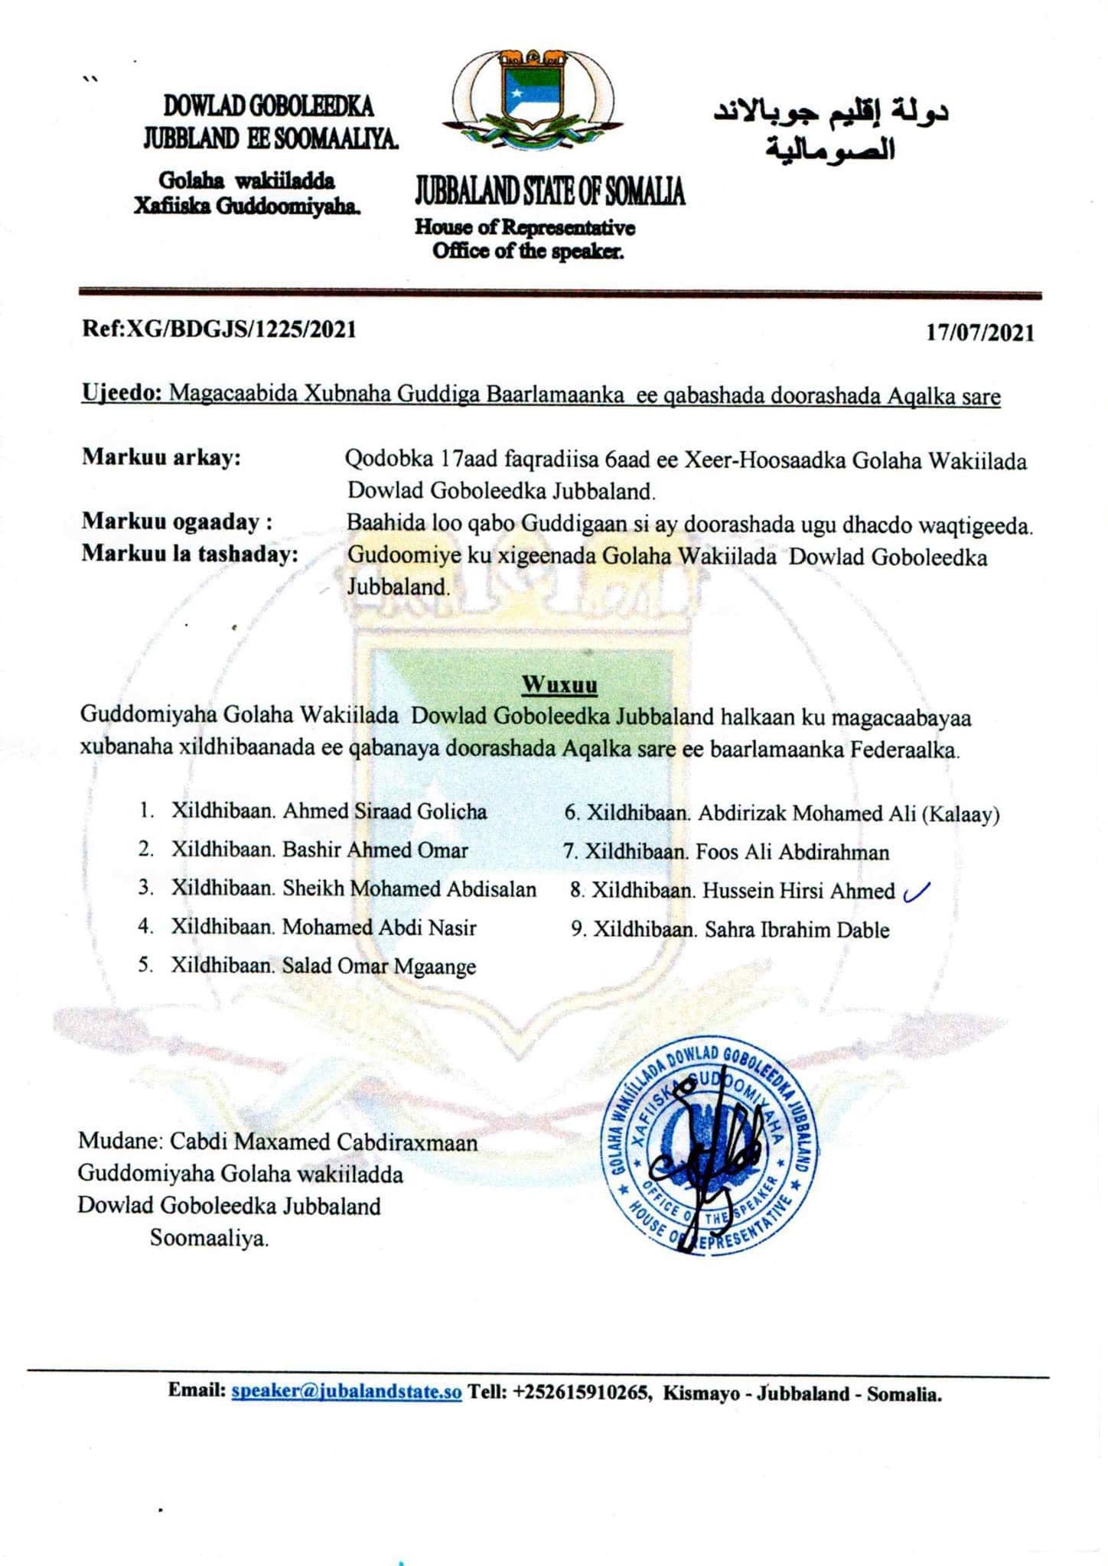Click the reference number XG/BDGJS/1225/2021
[241, 330]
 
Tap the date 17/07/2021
[980, 333]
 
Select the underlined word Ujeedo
[121, 395]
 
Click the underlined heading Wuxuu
[559, 684]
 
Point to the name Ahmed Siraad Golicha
[385, 811]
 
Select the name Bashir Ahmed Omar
[375, 850]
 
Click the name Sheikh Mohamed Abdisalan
[409, 889]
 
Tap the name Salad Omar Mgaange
[379, 967]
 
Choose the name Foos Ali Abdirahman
[792, 852]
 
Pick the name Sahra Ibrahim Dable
[797, 930]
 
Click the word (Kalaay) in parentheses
[960, 814]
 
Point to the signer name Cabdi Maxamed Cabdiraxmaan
[324, 1142]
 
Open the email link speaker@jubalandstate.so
[347, 1392]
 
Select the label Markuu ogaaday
[177, 523]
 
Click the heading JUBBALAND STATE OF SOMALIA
[549, 191]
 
